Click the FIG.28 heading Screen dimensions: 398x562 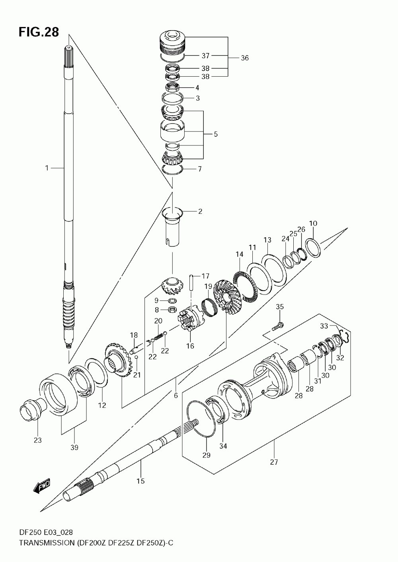coord(39,32)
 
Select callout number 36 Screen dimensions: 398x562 coord(245,58)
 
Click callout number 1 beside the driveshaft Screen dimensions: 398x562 coord(47,168)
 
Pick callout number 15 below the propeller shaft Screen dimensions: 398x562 coord(141,481)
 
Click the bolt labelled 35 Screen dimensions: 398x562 coord(278,326)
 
